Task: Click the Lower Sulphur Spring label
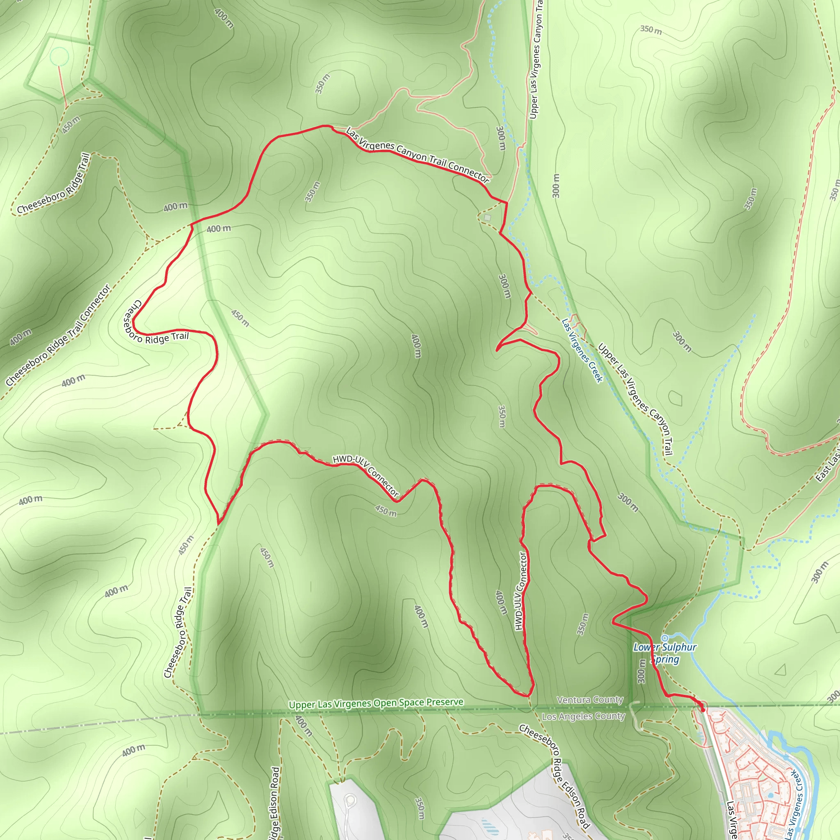(x=665, y=653)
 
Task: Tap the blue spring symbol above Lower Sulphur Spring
(x=664, y=638)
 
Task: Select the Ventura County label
(x=590, y=700)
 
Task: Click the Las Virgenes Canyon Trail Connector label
(x=418, y=155)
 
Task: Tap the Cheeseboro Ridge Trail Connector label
(x=58, y=335)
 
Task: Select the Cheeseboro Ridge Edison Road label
(x=555, y=776)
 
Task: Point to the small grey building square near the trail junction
(x=487, y=217)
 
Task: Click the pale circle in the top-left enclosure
(x=59, y=57)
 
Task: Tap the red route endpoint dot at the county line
(x=703, y=710)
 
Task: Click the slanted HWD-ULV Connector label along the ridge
(x=365, y=475)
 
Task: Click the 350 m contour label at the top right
(x=651, y=30)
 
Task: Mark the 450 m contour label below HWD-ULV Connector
(x=386, y=511)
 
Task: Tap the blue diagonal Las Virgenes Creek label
(x=582, y=350)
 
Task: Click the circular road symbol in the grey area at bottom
(x=350, y=799)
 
